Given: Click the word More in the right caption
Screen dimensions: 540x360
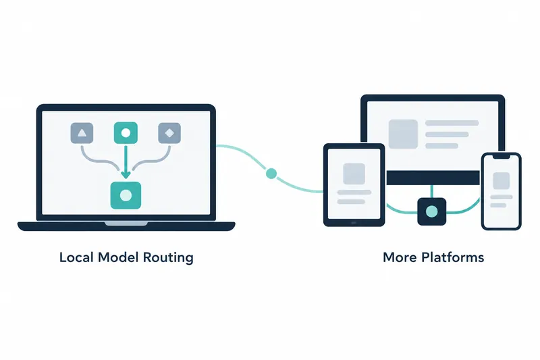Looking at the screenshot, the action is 400,257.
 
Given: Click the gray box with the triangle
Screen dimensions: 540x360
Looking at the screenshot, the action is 82,133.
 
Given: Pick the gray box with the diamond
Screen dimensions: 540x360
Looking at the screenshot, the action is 169,133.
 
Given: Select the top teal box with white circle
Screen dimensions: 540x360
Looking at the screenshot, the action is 126,132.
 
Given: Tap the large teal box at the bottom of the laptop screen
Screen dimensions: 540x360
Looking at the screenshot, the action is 126,195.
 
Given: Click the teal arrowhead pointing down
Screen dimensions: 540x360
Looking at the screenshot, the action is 126,174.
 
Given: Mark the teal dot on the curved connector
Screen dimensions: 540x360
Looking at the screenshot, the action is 271,174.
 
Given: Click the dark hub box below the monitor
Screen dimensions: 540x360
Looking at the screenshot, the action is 432,211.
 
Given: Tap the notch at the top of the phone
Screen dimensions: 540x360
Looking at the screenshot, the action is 502,157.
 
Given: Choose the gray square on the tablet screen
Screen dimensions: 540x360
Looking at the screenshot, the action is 354,174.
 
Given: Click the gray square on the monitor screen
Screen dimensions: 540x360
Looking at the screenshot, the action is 403,134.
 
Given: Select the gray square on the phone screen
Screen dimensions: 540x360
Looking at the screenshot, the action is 502,181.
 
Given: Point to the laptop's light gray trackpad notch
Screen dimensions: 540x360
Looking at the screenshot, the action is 126,224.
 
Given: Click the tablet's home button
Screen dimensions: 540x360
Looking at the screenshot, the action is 354,223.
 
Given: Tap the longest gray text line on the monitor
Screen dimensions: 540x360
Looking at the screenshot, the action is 452,123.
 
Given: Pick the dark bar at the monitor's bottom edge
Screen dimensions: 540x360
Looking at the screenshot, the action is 433,178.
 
